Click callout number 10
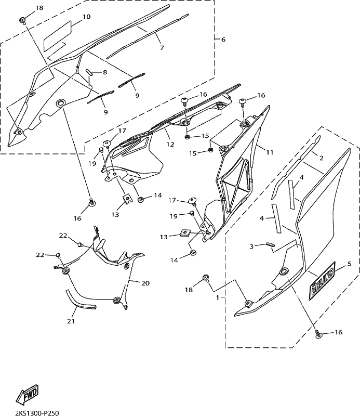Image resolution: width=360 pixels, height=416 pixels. [x=87, y=17]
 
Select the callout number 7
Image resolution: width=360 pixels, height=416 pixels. [x=162, y=48]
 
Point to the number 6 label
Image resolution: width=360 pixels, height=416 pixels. [x=223, y=40]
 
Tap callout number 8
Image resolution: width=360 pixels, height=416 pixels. [x=104, y=72]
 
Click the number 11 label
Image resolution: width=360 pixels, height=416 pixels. [x=270, y=152]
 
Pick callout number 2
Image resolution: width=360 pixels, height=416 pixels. [x=322, y=158]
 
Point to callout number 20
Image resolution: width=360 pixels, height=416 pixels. [x=145, y=283]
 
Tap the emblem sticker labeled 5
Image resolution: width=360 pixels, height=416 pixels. [x=322, y=285]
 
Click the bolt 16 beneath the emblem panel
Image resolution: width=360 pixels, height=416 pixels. [x=318, y=336]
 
